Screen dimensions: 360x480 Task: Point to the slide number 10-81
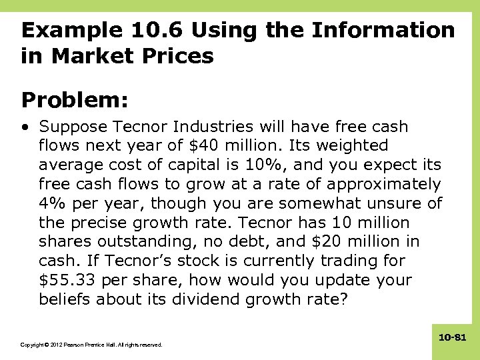pyautogui.click(x=452, y=339)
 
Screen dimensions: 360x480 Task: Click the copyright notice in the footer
pyautogui.click(x=91, y=345)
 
